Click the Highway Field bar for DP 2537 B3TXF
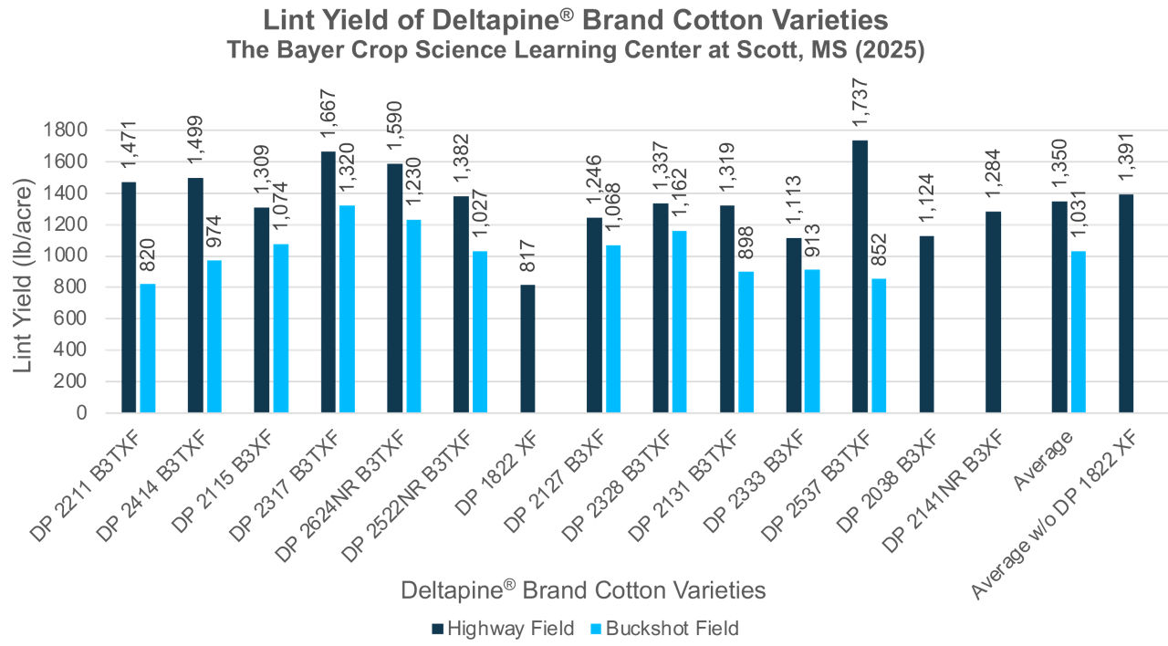860,276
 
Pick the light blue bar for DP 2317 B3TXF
347,308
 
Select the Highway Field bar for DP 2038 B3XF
926,324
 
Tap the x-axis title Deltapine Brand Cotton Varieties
583,590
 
